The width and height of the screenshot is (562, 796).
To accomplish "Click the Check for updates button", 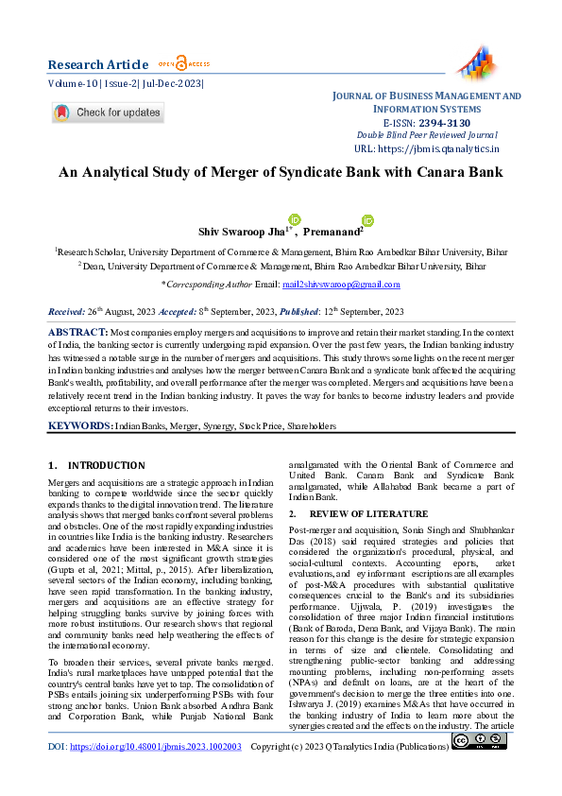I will [x=108, y=112].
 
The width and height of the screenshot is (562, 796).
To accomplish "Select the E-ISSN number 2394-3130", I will [x=444, y=123].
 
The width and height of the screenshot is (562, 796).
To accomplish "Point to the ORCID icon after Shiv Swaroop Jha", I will [x=294, y=219].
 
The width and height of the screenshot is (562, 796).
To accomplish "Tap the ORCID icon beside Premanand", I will [x=367, y=220].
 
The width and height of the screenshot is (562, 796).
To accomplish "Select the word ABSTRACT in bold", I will [x=77, y=333].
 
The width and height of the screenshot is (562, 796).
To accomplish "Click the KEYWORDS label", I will [x=80, y=426].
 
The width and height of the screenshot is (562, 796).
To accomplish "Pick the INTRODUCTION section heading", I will [x=107, y=466].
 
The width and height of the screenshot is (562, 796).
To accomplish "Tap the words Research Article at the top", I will [x=98, y=64].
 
